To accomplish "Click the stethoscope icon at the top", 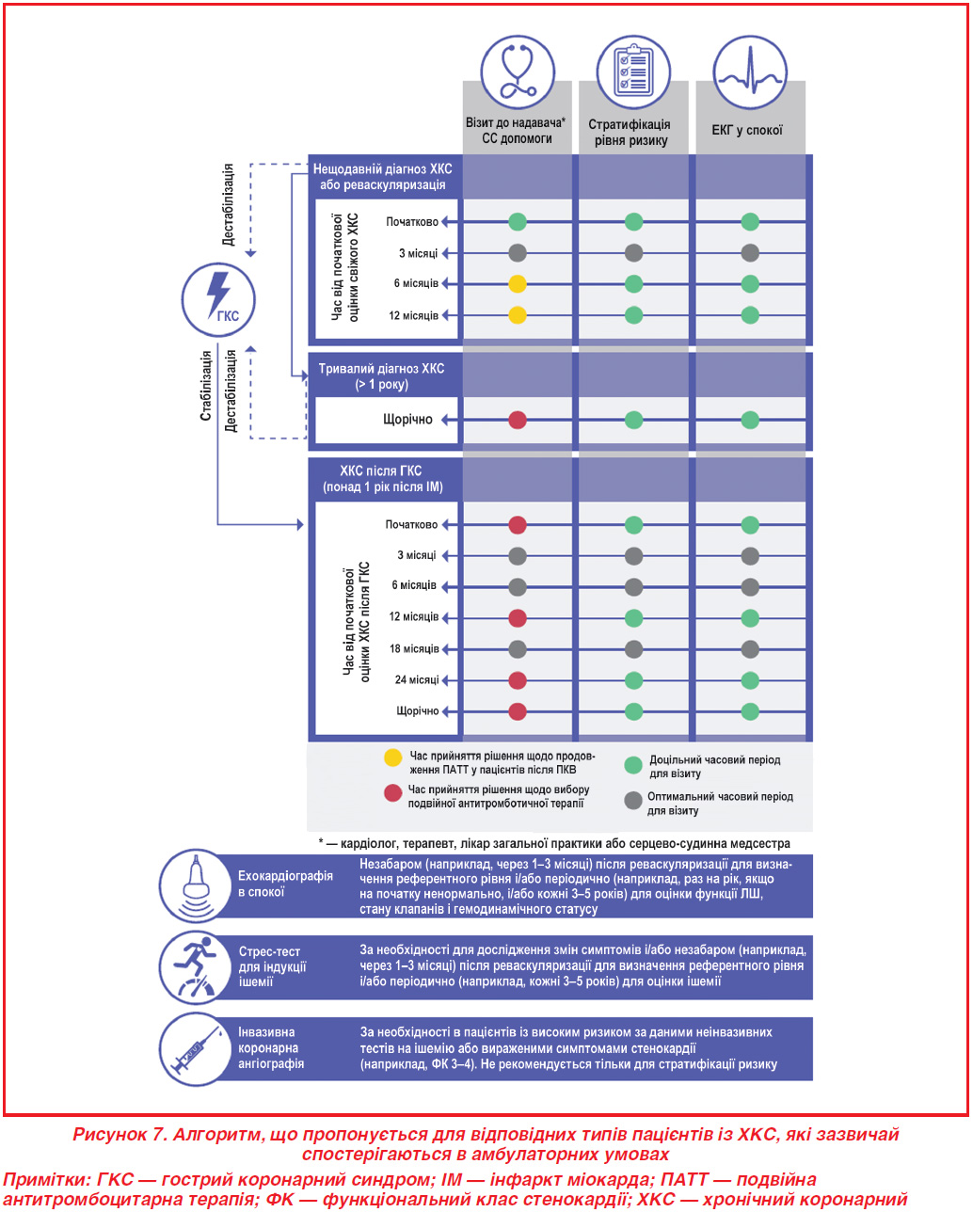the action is coord(518,72).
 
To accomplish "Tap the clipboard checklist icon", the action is coord(633,72).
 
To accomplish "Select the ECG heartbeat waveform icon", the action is coord(750,72).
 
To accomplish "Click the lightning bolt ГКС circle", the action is coord(218,299).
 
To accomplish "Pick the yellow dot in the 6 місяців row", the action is coord(518,284).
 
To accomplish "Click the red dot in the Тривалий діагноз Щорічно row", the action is coord(518,420).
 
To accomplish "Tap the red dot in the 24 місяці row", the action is coord(518,680).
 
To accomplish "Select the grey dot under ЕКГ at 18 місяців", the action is coord(750,649).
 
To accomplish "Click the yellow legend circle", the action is coord(392,757).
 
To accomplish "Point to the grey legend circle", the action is coord(633,800).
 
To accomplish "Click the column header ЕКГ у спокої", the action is coord(747,130).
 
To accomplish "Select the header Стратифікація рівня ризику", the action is coord(630,133).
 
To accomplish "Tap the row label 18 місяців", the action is coord(414,648).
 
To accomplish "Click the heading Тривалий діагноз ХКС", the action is coord(381,369).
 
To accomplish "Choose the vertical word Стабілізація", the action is coord(206,386).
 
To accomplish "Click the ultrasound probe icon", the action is coord(196,885).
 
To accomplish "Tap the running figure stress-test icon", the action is coord(196,967).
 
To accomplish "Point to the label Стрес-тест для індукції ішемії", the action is coord(273,966).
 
